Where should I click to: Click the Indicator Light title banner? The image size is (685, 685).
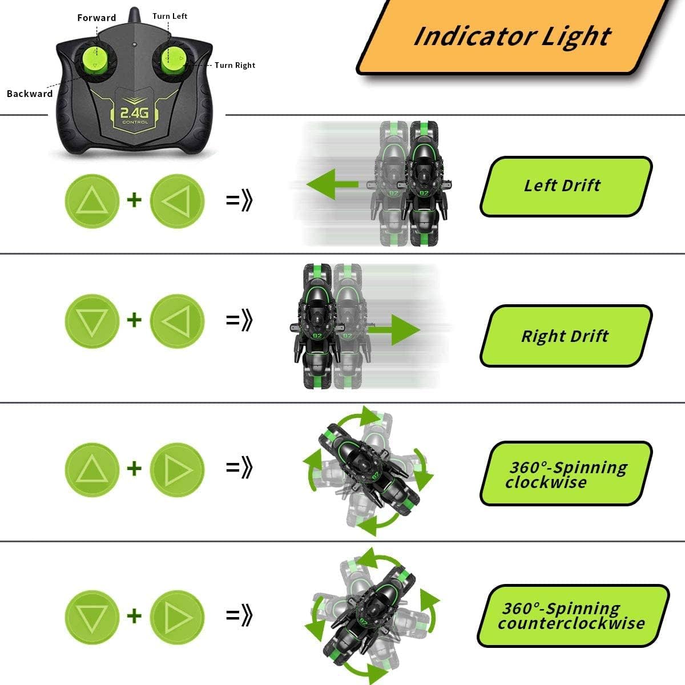[512, 37]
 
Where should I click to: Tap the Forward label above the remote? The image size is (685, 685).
[96, 18]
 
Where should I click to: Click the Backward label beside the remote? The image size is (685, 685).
[29, 94]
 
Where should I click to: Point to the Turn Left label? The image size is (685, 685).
[170, 16]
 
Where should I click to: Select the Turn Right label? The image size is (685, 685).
[235, 65]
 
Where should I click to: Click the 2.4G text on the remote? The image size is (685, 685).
[135, 114]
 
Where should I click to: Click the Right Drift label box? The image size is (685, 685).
[565, 336]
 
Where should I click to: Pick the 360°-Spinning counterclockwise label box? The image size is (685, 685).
[572, 616]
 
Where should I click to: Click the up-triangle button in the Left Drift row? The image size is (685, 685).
[92, 201]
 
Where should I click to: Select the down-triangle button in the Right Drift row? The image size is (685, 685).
[92, 321]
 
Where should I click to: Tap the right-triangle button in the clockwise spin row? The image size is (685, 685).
[177, 469]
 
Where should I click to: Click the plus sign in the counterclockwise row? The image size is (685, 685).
[134, 615]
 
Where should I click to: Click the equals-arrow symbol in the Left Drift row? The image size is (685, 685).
[239, 200]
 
